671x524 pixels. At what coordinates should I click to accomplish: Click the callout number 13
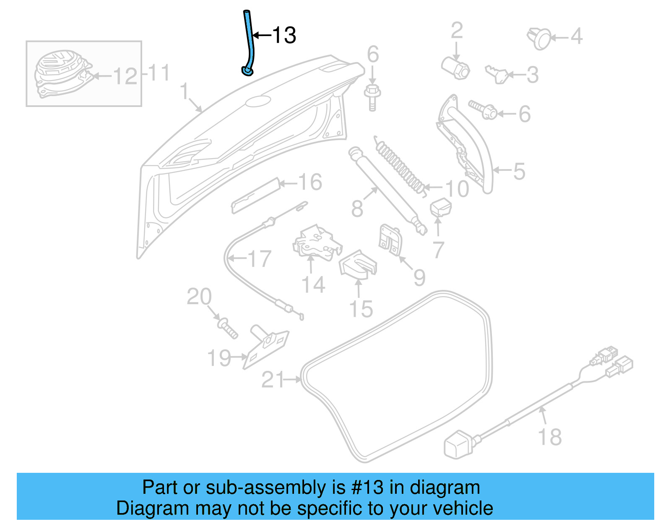(x=284, y=35)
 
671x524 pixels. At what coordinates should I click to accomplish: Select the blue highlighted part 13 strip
(x=250, y=42)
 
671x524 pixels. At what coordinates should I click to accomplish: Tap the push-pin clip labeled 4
(x=539, y=38)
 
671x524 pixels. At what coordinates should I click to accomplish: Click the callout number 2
(x=457, y=31)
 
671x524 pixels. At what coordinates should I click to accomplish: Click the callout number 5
(x=519, y=171)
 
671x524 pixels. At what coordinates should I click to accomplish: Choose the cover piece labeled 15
(x=358, y=265)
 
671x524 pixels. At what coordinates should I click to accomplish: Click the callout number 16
(x=310, y=182)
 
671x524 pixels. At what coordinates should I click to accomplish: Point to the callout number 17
(x=260, y=259)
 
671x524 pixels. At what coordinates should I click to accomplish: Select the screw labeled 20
(x=228, y=329)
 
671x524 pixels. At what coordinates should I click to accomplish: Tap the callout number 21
(x=273, y=380)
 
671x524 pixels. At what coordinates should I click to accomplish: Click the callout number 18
(x=549, y=437)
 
